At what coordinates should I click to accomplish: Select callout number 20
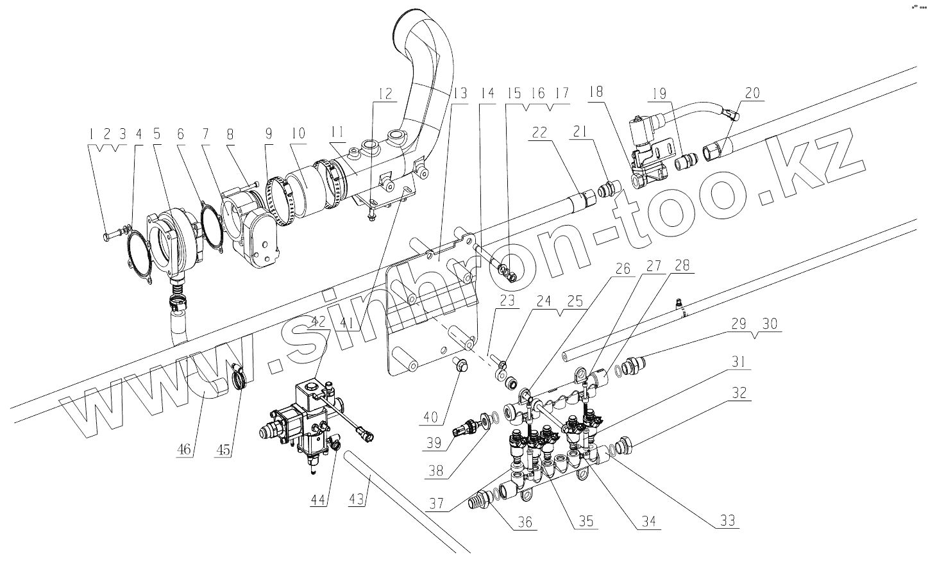click(x=752, y=93)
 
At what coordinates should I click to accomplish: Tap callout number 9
click(x=267, y=134)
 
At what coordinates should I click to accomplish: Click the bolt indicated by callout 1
click(x=108, y=236)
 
